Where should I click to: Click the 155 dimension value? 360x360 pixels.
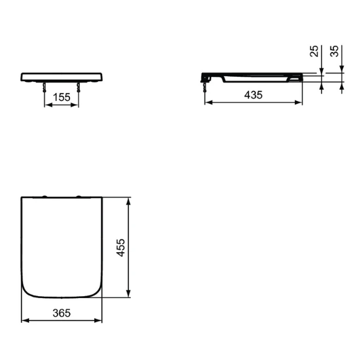61,97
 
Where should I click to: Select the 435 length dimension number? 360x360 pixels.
253,95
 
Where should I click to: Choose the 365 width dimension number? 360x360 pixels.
61,314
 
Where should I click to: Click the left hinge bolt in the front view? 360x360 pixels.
45,89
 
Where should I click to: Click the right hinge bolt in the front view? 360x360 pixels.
79,89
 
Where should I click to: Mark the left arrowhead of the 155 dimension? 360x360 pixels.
46,104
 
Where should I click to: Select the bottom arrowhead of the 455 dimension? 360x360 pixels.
129,294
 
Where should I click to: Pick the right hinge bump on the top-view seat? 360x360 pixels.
79,197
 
